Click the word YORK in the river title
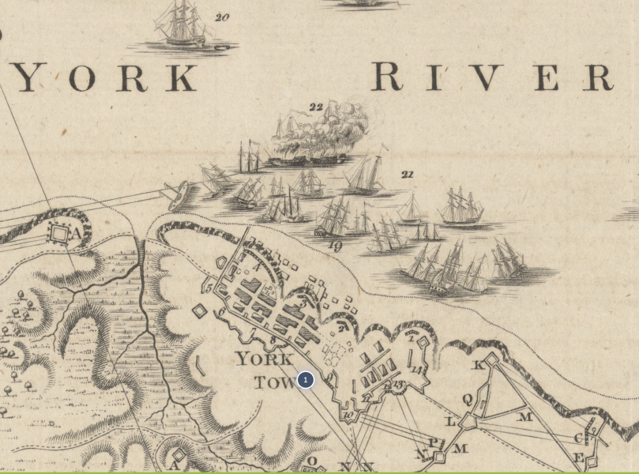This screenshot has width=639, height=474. coord(107,78)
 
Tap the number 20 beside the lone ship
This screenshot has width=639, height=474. coord(222,17)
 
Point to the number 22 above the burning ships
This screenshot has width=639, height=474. coord(316,107)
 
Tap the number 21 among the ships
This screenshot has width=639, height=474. coord(408,175)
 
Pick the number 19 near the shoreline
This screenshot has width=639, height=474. coord(335,246)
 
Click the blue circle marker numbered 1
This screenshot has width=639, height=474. coord(305,380)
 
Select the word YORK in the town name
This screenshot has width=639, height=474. coord(265,359)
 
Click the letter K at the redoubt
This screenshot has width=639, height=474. coord(477,365)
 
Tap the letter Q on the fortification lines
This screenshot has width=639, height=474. coord(467,400)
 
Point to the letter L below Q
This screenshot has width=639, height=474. coord(451,421)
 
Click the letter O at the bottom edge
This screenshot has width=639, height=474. coord(311,461)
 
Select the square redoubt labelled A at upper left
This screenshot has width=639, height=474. coord(60,233)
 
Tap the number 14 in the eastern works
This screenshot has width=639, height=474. coord(417,369)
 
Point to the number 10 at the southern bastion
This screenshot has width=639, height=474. coord(348,415)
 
